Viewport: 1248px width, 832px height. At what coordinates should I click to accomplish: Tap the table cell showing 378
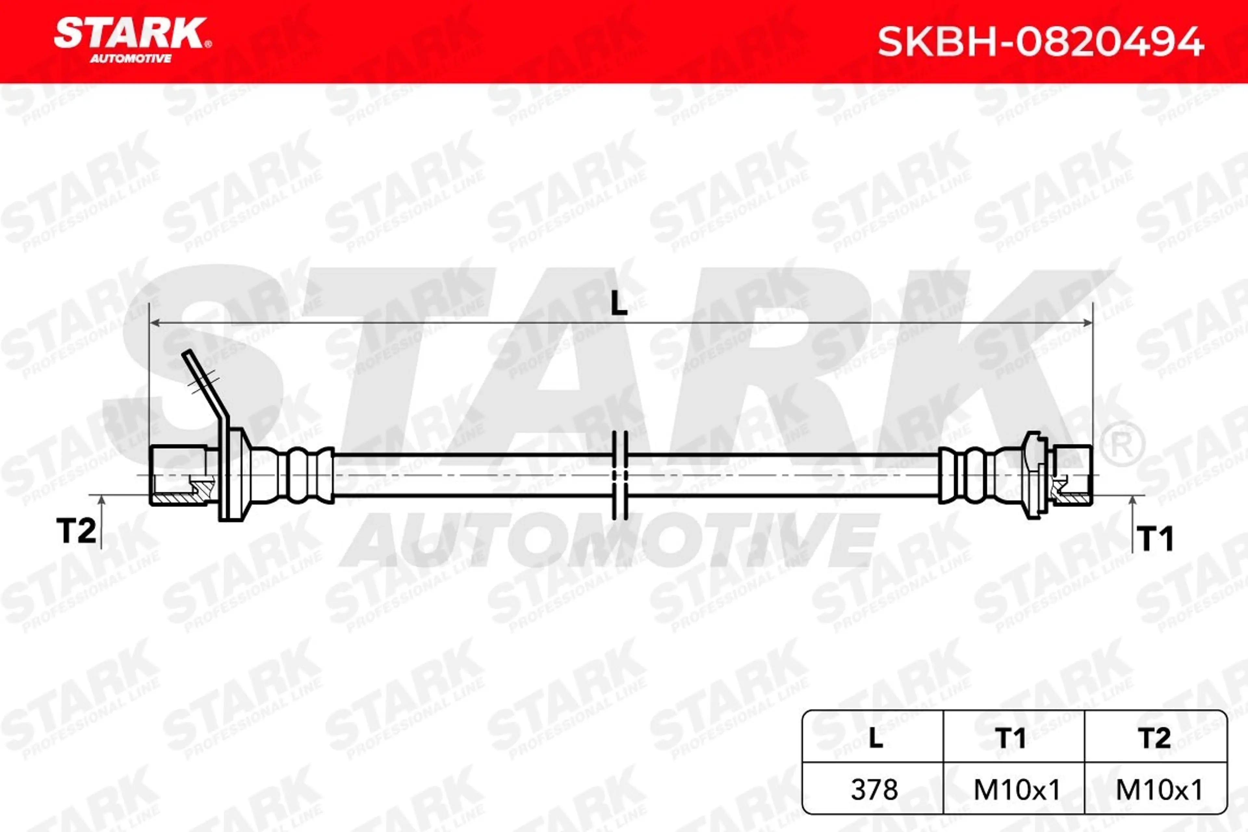875,789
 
